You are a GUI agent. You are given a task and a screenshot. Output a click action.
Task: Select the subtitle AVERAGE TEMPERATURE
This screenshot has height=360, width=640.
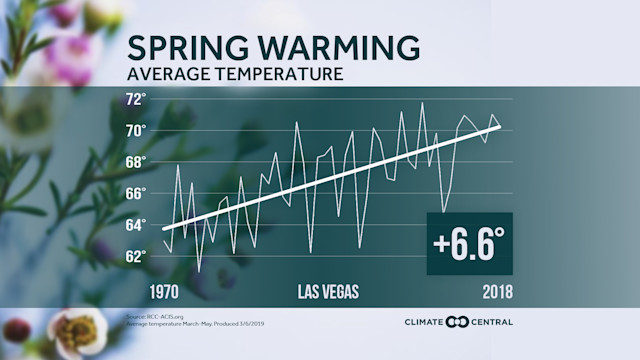[x=235, y=74]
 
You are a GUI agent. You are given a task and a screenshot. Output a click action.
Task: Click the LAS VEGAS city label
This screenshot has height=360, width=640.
[x=328, y=292]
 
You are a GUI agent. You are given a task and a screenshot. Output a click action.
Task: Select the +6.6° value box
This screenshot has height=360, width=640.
[x=469, y=243]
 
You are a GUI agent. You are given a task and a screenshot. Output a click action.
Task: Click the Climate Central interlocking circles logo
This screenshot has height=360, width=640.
[x=457, y=322]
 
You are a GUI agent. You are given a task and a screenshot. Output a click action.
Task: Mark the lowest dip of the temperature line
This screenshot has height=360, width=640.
[x=199, y=271]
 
